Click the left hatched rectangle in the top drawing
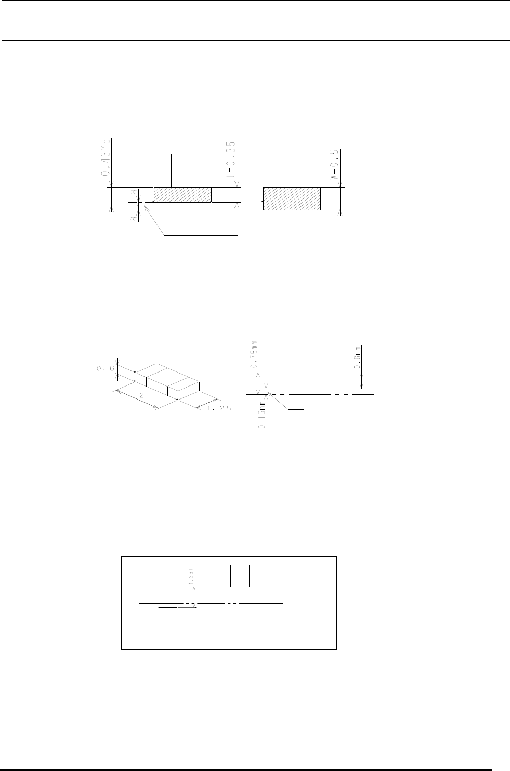(182, 194)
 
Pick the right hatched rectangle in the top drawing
(292, 198)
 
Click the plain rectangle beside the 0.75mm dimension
(309, 380)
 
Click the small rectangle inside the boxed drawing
(239, 592)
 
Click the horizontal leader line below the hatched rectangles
(201, 236)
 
